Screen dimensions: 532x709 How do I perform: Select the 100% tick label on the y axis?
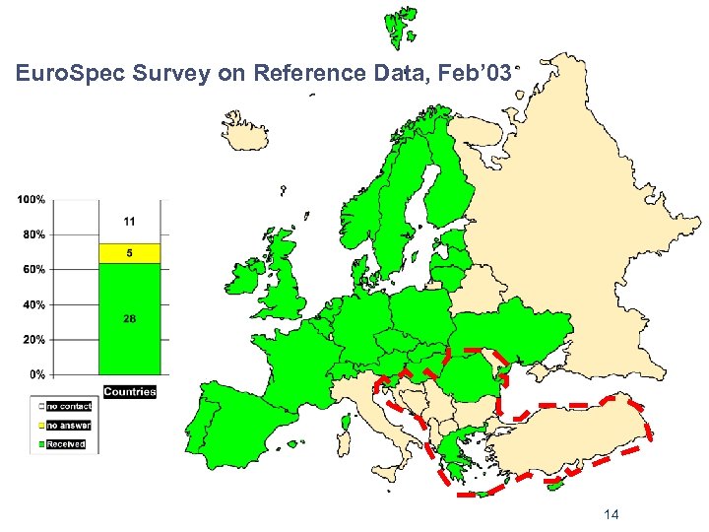pyautogui.click(x=31, y=199)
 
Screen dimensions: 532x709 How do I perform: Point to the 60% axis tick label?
pyautogui.click(x=32, y=269)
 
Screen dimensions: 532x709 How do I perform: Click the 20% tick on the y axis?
pyautogui.click(x=32, y=339)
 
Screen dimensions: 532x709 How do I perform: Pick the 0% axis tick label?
pyautogui.click(x=35, y=374)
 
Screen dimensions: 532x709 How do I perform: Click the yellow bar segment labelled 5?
pyautogui.click(x=129, y=253)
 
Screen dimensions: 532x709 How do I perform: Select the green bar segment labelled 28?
pyautogui.click(x=129, y=318)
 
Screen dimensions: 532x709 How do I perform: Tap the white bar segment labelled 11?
pyautogui.click(x=129, y=222)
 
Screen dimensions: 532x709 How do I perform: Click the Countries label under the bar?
pyautogui.click(x=129, y=391)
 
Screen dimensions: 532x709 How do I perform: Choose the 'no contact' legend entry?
pyautogui.click(x=68, y=406)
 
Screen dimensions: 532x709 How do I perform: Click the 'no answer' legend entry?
pyautogui.click(x=68, y=426)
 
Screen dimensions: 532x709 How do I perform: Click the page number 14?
pyautogui.click(x=611, y=515)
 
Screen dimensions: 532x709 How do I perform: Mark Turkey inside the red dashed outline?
pyautogui.click(x=571, y=433)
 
